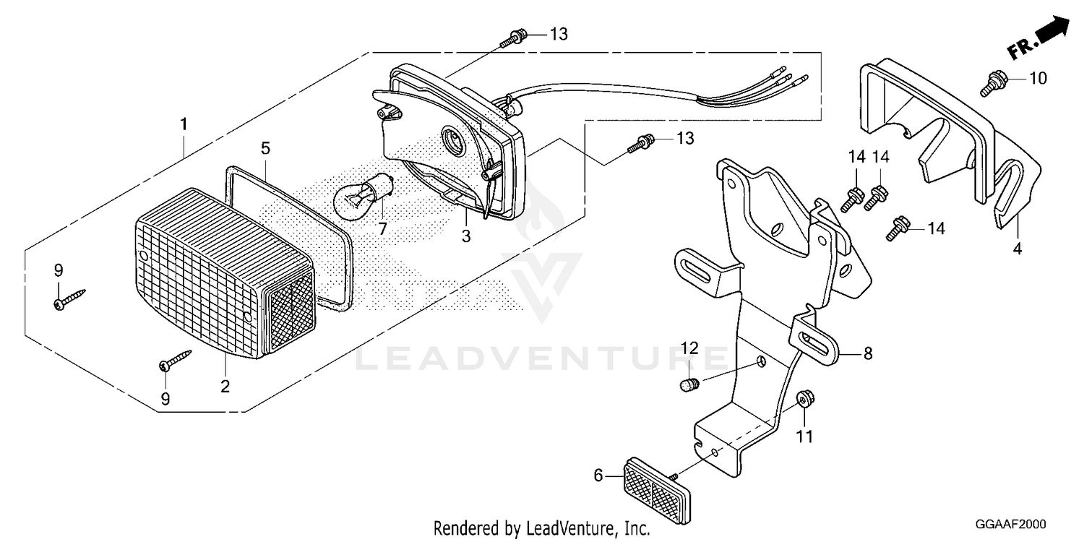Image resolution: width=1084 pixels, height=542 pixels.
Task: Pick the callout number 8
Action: tap(868, 354)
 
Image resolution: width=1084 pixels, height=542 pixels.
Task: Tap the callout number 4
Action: tap(1018, 249)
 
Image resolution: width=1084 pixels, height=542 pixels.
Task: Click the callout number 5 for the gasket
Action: tap(265, 148)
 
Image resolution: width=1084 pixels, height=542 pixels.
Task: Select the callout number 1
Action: tap(184, 124)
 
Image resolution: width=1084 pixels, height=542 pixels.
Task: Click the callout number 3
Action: tap(466, 236)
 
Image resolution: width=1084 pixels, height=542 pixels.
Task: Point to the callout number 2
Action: tap(225, 387)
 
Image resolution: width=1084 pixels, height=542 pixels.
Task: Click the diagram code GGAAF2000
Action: tap(1010, 524)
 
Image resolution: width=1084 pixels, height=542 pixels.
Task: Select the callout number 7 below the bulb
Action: tap(383, 229)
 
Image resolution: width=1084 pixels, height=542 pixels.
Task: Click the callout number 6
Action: tap(598, 476)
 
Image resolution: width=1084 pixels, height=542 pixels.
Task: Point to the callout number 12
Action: tap(690, 348)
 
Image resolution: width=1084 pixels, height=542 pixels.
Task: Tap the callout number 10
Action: tap(1038, 78)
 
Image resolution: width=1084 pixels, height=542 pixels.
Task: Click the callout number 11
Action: tap(805, 437)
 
